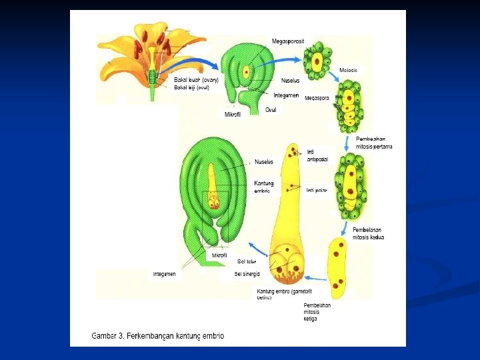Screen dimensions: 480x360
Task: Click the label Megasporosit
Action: tap(288, 41)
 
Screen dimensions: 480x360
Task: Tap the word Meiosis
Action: tap(349, 69)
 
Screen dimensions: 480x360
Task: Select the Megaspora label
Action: tap(317, 98)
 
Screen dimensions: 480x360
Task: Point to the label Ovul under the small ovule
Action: tap(271, 109)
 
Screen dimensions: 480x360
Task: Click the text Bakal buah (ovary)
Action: tap(196, 80)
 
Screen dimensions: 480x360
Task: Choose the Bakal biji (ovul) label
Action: tap(191, 87)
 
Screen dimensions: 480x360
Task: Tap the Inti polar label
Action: tap(317, 191)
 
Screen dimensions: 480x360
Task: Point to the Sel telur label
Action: tap(247, 261)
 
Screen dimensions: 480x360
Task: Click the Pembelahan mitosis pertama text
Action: tap(374, 143)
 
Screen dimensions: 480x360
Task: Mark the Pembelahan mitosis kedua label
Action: tap(368, 233)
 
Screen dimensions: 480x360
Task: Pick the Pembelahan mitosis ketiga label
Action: tap(317, 312)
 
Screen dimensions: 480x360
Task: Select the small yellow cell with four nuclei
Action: tap(339, 267)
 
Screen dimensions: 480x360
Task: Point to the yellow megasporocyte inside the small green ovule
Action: tap(247, 71)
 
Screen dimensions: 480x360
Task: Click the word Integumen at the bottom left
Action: tap(164, 274)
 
